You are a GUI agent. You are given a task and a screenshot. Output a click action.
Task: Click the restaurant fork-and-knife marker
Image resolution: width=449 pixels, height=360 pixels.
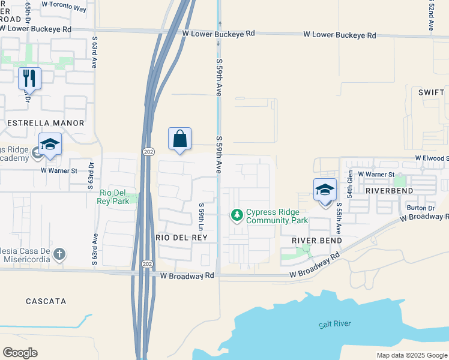coord(29,78)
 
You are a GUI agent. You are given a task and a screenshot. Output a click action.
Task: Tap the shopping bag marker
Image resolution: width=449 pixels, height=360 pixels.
coord(179,139)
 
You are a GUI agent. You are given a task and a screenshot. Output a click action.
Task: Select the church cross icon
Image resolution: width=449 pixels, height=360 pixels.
coord(59,254)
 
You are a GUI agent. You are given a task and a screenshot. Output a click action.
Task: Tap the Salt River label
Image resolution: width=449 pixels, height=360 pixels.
coord(335,324)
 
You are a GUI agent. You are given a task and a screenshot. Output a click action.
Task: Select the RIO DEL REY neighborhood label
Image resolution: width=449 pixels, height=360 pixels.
coord(182,238)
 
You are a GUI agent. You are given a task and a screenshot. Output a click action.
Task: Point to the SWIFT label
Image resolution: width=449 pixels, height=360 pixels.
coord(431,92)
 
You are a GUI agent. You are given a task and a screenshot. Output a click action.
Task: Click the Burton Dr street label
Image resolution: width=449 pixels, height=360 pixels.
coord(420,208)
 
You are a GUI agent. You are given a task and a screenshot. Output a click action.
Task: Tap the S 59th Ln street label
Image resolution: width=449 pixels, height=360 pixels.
coord(202,217)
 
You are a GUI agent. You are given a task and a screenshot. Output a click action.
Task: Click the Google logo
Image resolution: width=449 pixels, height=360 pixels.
coord(20,353)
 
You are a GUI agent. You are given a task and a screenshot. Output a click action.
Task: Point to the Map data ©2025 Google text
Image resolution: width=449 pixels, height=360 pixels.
coord(411,355)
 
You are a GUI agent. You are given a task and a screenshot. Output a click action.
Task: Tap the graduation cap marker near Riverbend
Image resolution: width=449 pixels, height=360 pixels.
coord(325,190)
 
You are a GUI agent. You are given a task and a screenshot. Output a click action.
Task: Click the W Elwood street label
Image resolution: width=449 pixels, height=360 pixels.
coord(431,158)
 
